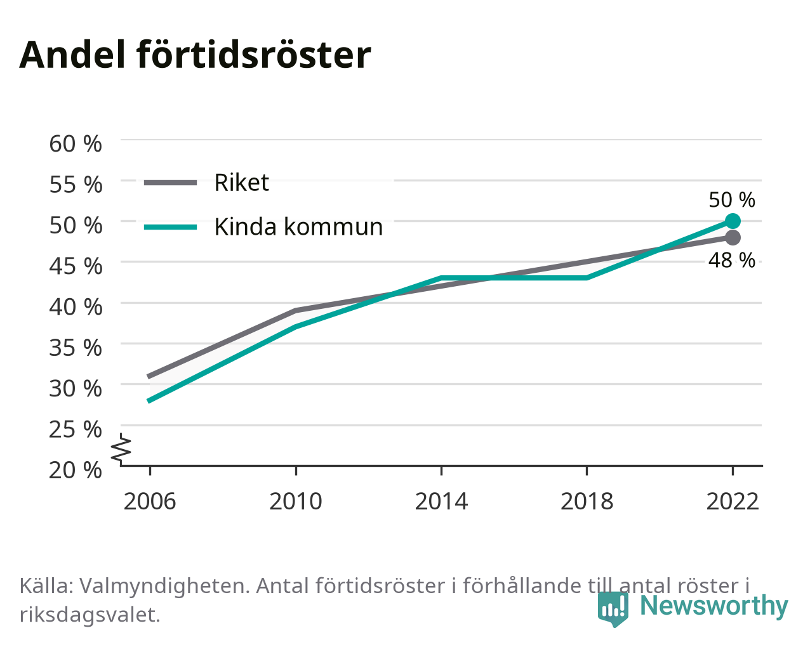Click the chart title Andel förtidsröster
195,55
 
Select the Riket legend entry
207,183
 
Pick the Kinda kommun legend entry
263,227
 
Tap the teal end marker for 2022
733,221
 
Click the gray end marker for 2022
733,237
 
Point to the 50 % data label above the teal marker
732,200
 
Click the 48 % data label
732,260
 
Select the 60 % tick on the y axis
76,144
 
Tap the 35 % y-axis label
76,348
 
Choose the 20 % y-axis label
76,470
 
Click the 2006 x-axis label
150,501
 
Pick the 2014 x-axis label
441,501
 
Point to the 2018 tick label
587,501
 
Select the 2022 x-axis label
733,501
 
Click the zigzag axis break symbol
121,448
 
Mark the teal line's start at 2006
150,401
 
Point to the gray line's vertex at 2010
296,311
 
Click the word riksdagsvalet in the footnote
90,615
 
